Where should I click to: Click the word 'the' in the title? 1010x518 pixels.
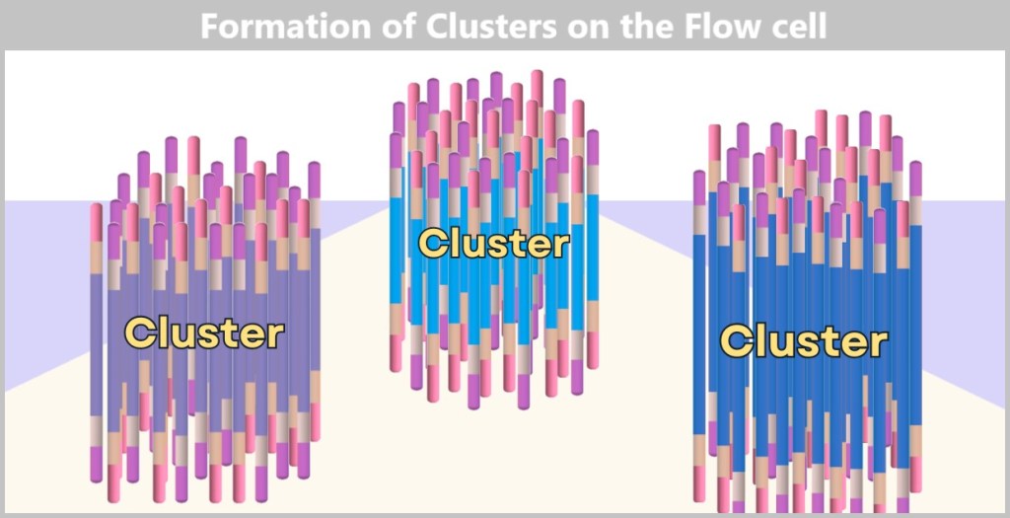pos(652,27)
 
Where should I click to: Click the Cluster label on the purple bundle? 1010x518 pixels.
pos(204,333)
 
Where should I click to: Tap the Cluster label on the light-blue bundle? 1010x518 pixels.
pos(493,243)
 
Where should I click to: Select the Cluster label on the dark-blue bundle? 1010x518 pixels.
pos(803,341)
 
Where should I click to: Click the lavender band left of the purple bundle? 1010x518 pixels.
pos(44,286)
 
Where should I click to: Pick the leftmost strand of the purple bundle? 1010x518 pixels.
pos(97,335)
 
